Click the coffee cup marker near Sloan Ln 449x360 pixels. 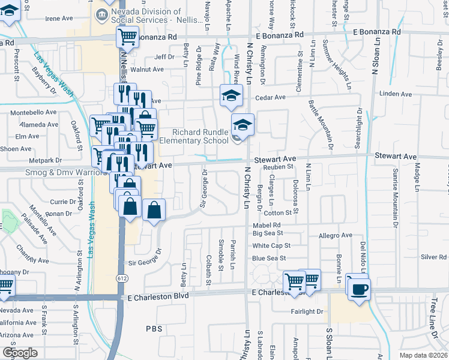tap(359, 288)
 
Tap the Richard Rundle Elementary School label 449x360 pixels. tap(200, 136)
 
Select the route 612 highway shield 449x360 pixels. tap(122, 278)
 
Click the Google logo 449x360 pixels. tap(20, 353)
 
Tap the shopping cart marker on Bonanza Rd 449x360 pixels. tap(127, 37)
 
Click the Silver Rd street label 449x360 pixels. tap(433, 257)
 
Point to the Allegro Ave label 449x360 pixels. tap(336, 236)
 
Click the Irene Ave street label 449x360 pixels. tap(59, 19)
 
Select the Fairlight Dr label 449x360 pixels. tap(307, 311)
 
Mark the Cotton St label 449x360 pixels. tap(277, 213)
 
